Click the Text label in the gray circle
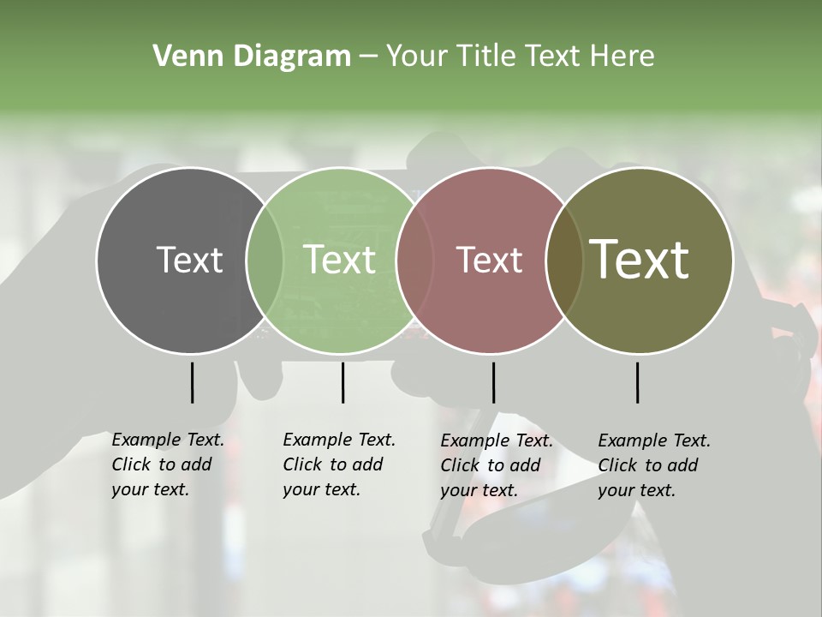pos(189,260)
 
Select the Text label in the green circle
pos(340,260)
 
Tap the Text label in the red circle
pos(489,260)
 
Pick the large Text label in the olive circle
pos(640,260)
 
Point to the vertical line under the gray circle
pos(192,382)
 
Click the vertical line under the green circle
pos(342,382)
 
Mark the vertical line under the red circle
pos(493,382)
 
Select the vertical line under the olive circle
pos(637,382)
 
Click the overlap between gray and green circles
pos(265,261)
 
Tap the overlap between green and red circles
pos(414,261)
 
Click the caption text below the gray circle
pos(167,464)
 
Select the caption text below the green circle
pos(338,464)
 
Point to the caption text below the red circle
pos(496,465)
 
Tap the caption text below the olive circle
pos(653,465)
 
